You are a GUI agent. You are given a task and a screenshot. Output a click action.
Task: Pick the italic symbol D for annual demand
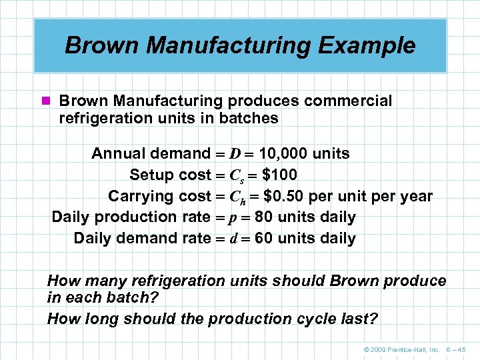(235, 154)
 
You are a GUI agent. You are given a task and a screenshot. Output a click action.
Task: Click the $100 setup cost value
(280, 175)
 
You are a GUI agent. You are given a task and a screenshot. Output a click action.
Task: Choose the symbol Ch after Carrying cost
(238, 197)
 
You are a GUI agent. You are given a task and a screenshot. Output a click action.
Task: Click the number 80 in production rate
(264, 217)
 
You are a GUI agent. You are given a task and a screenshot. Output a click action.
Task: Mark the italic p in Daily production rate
(234, 218)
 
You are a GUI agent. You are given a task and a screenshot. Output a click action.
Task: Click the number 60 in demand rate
(264, 239)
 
